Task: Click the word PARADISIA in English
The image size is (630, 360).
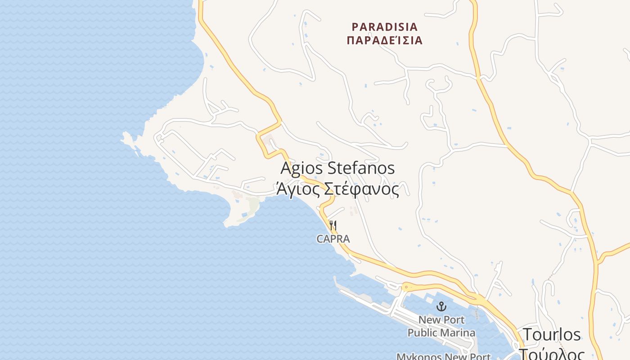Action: point(385,27)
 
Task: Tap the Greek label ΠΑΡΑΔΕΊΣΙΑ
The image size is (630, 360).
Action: point(385,40)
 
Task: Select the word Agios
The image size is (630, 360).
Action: point(302,169)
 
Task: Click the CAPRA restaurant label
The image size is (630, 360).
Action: point(333,239)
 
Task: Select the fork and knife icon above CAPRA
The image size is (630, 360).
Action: point(333,225)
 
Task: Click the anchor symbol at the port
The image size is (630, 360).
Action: point(441,307)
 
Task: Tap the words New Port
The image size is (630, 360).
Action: point(441,320)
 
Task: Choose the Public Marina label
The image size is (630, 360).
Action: point(441,333)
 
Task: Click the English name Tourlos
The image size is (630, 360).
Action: point(552,335)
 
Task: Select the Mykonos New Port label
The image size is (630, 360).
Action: point(443,357)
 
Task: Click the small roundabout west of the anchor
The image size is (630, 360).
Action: point(406,287)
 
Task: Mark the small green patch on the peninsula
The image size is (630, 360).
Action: point(253,205)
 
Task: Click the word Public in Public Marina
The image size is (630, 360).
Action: point(423,333)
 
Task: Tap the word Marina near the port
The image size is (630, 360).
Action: point(458,333)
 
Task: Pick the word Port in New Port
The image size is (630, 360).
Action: point(453,320)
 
